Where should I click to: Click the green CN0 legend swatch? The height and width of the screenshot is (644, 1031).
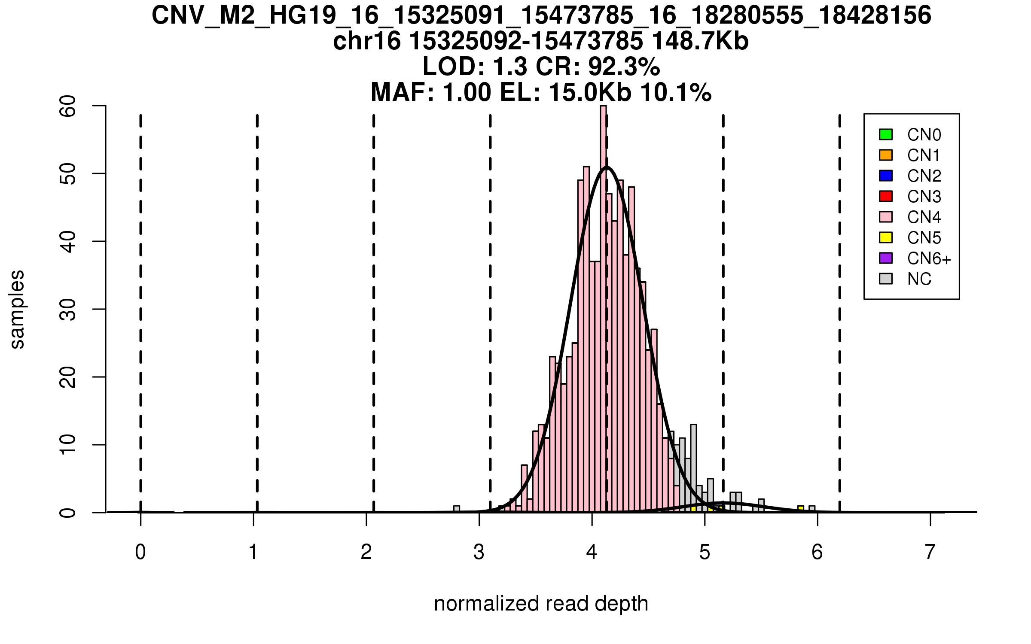[x=886, y=134]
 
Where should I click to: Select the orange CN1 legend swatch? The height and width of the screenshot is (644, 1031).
[x=886, y=155]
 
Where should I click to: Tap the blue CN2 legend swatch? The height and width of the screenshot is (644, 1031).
[x=886, y=176]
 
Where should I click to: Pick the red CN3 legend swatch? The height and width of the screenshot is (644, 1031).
[x=886, y=196]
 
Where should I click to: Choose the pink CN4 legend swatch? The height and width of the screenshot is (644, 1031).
[x=886, y=217]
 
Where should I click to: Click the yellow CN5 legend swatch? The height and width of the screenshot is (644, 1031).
[x=886, y=237]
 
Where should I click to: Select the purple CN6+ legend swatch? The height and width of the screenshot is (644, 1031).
[x=886, y=258]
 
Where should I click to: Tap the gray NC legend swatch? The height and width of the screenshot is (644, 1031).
[x=886, y=279]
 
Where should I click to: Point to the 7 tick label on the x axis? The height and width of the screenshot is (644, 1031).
[x=930, y=552]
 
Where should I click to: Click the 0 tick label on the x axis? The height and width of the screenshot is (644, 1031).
[x=140, y=552]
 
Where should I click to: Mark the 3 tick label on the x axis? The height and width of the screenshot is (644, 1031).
[x=479, y=552]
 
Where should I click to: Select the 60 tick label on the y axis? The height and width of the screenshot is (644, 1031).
[x=68, y=106]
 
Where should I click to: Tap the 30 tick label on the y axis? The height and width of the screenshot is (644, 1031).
[x=68, y=310]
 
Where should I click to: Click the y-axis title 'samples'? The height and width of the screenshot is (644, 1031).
[x=17, y=310]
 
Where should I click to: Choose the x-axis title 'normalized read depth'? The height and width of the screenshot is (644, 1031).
[x=541, y=604]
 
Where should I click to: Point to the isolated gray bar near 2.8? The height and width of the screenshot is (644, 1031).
[x=457, y=509]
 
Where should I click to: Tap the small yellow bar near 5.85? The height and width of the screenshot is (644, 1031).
[x=801, y=509]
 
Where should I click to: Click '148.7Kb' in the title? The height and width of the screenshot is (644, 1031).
[x=700, y=42]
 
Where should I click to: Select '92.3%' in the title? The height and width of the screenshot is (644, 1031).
[x=624, y=67]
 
